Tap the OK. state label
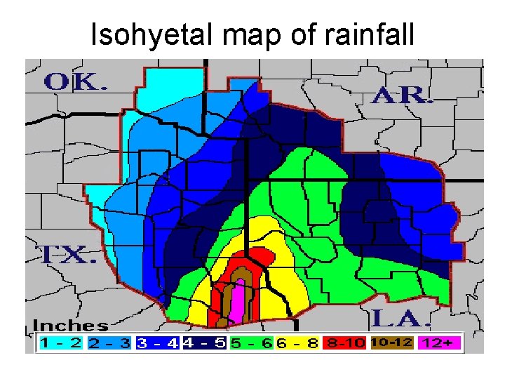pyautogui.click(x=75, y=82)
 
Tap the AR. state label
pyautogui.click(x=402, y=96)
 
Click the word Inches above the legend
pyautogui.click(x=70, y=326)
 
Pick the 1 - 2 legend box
pyautogui.click(x=61, y=343)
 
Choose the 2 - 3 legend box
pyautogui.click(x=109, y=343)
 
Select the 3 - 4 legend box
pyautogui.click(x=157, y=343)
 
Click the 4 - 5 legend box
pyautogui.click(x=204, y=343)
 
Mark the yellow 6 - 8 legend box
pyautogui.click(x=299, y=343)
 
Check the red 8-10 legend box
pyautogui.click(x=346, y=343)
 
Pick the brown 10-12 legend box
pyautogui.click(x=393, y=343)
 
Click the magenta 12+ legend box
pyautogui.click(x=440, y=343)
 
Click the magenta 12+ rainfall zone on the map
pyautogui.click(x=237, y=302)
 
